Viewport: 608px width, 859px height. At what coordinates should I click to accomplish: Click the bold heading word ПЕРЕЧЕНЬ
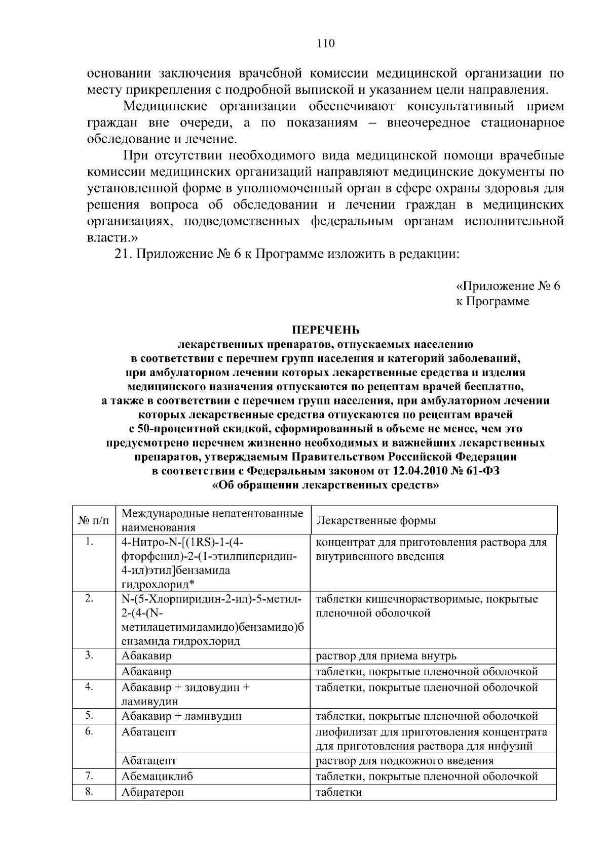(325, 331)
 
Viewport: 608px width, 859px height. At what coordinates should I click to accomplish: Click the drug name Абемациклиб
(157, 776)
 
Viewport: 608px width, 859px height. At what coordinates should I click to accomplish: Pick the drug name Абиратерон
(153, 793)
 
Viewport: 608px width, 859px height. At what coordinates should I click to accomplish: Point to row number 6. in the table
(89, 731)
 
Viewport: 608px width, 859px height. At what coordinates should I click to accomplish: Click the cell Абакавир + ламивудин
(181, 716)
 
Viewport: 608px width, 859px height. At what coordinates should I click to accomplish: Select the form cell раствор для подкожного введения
(404, 761)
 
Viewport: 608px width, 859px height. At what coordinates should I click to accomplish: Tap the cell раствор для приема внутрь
(386, 656)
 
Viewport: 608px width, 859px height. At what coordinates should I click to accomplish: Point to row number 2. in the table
(89, 599)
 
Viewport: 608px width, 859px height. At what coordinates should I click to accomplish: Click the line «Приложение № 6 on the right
(508, 286)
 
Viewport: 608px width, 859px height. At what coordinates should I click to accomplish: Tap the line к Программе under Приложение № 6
(492, 302)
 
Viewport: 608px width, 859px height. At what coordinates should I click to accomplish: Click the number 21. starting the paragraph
(123, 254)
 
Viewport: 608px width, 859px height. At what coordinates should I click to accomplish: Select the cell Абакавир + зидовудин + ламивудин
(185, 694)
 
